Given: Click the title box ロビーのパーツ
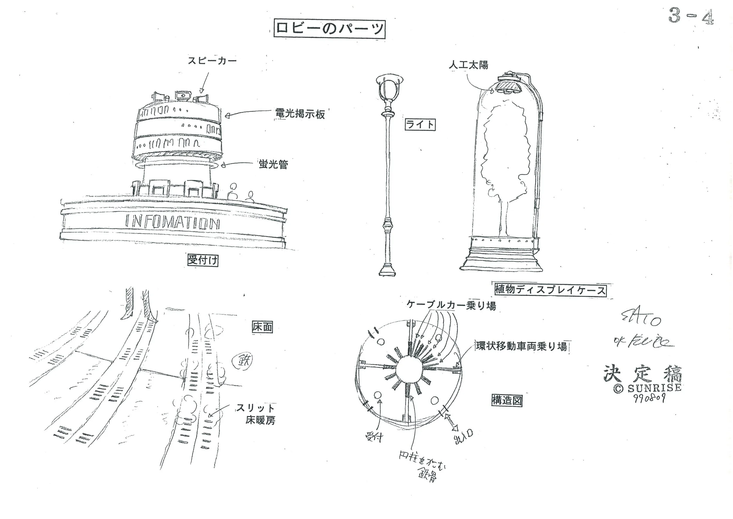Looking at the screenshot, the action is tap(330, 29).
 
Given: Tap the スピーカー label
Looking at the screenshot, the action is tap(212, 61).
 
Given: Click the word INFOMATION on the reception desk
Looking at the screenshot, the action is tap(172, 222).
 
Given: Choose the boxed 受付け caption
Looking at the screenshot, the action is tap(202, 260).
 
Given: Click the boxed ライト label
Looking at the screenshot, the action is tap(420, 124).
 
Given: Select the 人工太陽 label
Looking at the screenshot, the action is tap(468, 65).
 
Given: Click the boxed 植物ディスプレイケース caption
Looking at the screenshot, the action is tap(550, 290).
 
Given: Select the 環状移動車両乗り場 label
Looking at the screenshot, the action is tap(521, 346).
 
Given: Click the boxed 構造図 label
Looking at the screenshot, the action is tap(507, 400).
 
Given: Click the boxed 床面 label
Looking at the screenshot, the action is tap(262, 327).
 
